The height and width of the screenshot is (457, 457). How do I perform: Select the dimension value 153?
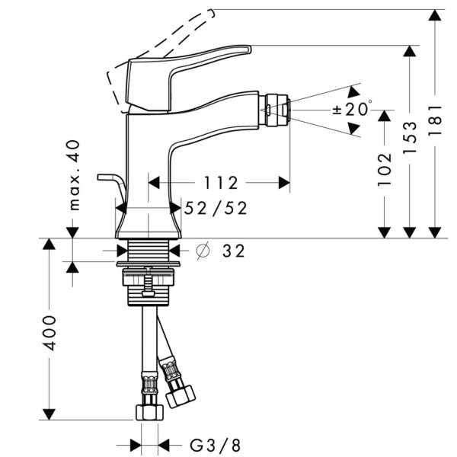click(x=411, y=138)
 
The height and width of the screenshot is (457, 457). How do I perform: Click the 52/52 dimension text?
click(x=216, y=208)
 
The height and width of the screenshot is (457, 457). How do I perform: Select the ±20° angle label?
click(x=352, y=109)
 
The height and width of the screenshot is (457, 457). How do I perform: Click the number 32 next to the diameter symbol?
click(x=234, y=251)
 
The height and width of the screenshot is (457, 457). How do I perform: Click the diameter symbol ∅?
click(x=203, y=251)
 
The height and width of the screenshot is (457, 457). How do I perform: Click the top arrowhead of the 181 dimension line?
click(x=435, y=15)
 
